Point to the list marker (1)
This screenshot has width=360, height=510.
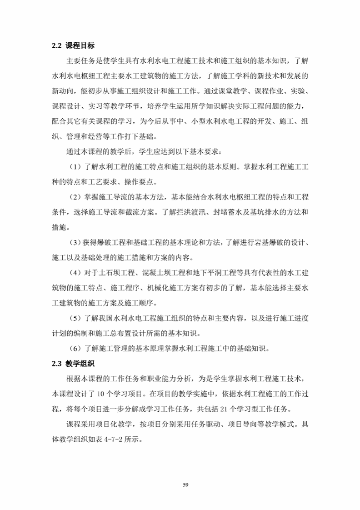point(74,167)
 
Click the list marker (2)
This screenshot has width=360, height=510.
point(74,197)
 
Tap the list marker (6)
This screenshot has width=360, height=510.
point(74,349)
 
